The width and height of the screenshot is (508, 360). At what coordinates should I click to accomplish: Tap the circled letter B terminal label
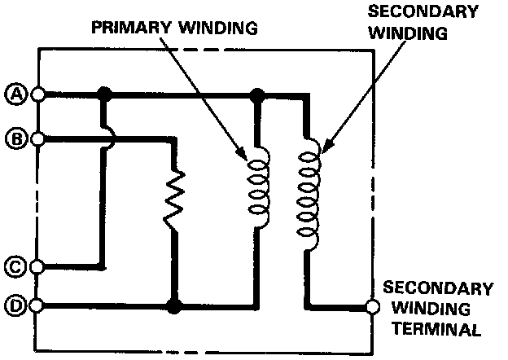point(15,138)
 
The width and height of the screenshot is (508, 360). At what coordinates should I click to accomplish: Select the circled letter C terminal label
point(15,266)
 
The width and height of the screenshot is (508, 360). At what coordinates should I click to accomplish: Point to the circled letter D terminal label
point(15,307)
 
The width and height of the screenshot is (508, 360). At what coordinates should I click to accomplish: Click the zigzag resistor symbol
point(174,198)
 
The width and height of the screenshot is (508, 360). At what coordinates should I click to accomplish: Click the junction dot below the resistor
point(173,307)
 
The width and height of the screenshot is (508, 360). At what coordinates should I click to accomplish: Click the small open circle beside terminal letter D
point(37,307)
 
